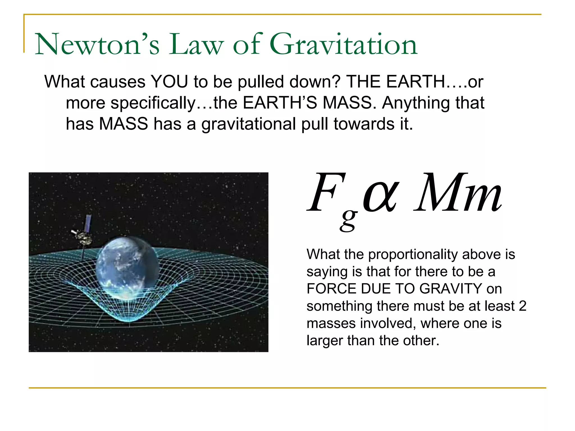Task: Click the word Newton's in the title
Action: [x=97, y=44]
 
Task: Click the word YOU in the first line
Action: [x=169, y=82]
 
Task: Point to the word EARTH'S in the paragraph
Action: [x=280, y=103]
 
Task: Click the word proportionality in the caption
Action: [x=413, y=254]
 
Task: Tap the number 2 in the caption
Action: [x=522, y=306]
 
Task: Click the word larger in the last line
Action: [x=325, y=341]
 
